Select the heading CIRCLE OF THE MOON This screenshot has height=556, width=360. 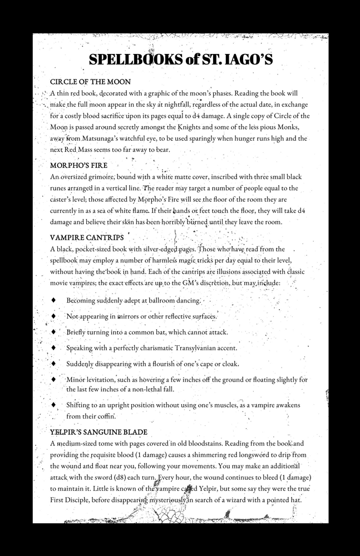(x=90, y=82)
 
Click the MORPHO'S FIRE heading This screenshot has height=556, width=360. (x=78, y=165)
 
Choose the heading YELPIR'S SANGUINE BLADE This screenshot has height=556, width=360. (x=98, y=432)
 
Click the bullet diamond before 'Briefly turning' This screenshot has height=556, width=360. (x=53, y=332)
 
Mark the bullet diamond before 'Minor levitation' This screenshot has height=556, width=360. (x=53, y=380)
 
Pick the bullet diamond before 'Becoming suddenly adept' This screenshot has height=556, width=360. (x=53, y=300)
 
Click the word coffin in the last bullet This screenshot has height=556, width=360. (x=105, y=416)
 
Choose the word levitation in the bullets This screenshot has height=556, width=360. (x=98, y=380)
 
